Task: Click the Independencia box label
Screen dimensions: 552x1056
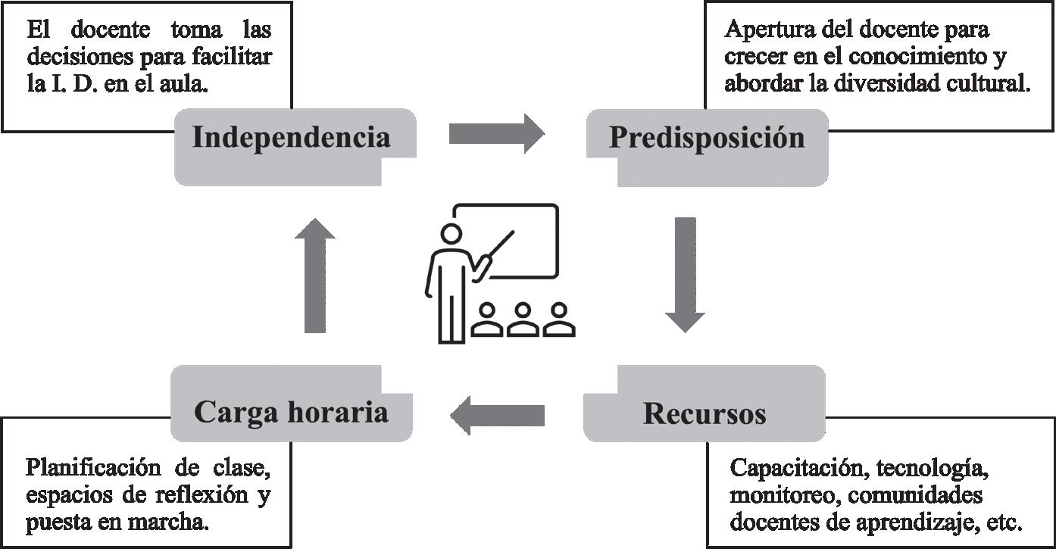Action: click(x=292, y=138)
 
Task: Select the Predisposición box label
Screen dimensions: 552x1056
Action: click(x=707, y=138)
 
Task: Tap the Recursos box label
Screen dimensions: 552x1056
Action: click(x=705, y=413)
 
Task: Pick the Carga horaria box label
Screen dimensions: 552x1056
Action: click(x=292, y=412)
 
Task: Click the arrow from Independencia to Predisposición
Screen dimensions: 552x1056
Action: click(x=496, y=134)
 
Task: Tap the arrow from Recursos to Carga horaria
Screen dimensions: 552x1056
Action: click(x=498, y=415)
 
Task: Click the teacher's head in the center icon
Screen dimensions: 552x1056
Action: click(x=452, y=235)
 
